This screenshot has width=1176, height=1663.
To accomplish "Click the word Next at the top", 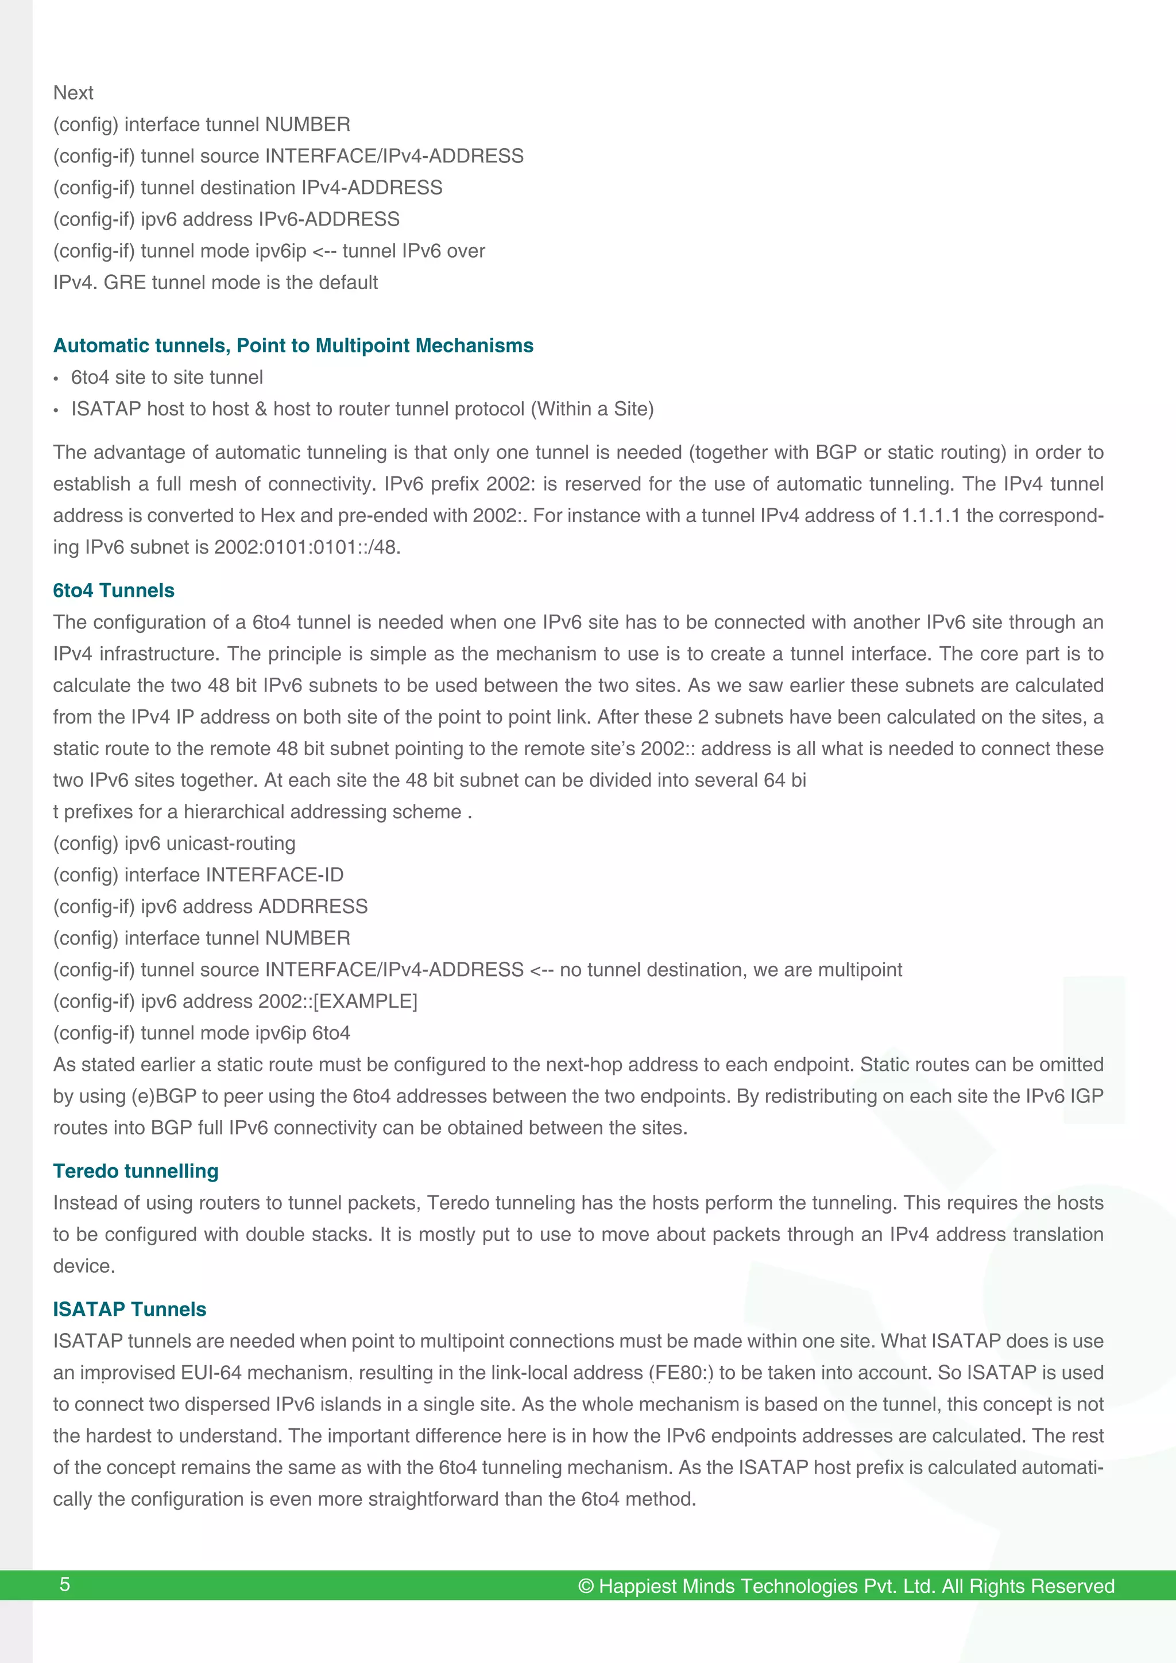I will point(73,93).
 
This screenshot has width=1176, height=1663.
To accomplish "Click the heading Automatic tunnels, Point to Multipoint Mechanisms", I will point(293,345).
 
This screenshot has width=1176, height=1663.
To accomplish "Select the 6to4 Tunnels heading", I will point(114,590).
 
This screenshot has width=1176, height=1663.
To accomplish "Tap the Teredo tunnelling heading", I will point(136,1171).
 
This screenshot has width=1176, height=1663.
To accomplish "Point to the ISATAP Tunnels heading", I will point(130,1309).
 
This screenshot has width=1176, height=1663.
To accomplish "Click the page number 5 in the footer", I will point(64,1584).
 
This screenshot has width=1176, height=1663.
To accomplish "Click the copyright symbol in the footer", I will point(586,1586).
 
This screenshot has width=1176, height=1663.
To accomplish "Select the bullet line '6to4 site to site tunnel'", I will point(167,378).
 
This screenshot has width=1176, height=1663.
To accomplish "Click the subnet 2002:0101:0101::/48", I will point(307,547).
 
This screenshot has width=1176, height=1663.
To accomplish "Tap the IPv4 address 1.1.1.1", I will point(930,516).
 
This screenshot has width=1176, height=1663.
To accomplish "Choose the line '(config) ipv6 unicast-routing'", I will point(174,843).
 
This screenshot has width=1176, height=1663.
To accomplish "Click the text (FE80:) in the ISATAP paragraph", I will point(681,1373).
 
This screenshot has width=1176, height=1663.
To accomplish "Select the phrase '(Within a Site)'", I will point(592,409).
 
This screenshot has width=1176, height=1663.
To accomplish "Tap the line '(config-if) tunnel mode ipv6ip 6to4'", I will point(202,1033).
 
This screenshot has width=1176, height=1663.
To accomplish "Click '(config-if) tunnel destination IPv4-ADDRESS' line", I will point(247,188).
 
